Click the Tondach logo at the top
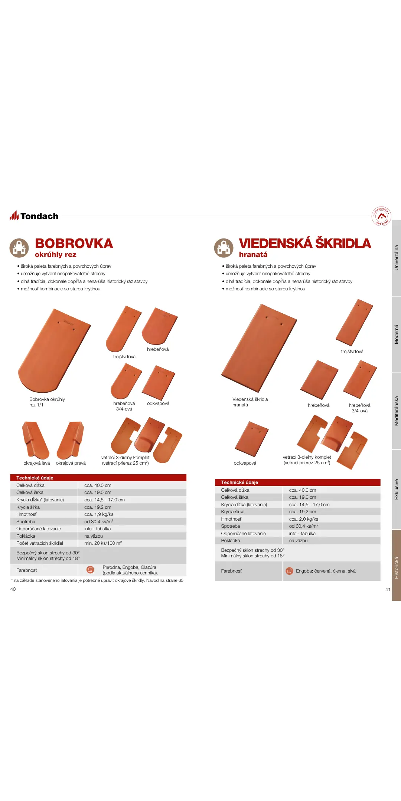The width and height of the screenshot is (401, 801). click(x=34, y=216)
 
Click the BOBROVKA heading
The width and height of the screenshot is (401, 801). click(x=74, y=244)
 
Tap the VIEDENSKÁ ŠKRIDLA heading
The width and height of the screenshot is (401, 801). click(x=304, y=244)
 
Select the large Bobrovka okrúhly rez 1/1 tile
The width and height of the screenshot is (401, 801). click(x=54, y=351)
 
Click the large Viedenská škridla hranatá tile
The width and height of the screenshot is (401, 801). click(x=259, y=348)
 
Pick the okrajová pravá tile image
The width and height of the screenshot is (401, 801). click(x=71, y=440)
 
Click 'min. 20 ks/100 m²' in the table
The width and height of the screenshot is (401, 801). click(x=103, y=543)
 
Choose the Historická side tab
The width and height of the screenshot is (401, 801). click(x=396, y=568)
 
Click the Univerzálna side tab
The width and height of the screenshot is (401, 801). click(x=396, y=258)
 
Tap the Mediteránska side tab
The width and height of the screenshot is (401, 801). click(x=396, y=411)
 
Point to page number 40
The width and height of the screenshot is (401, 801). click(x=13, y=589)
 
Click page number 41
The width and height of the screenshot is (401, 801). click(x=388, y=590)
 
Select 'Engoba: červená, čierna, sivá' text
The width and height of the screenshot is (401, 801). click(x=326, y=571)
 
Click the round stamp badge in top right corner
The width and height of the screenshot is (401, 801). click(x=381, y=216)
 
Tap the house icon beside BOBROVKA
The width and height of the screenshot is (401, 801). click(x=19, y=248)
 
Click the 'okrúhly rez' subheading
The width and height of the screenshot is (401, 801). click(x=56, y=255)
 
